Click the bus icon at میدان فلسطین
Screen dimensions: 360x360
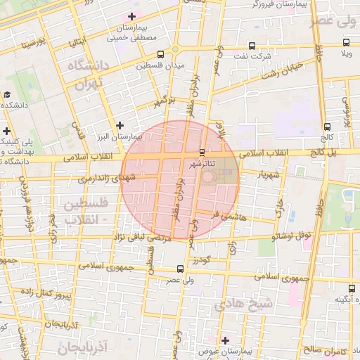pos(161,54)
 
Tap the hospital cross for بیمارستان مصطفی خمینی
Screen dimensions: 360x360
pos(131,15)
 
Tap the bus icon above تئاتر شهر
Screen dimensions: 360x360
pos(202,152)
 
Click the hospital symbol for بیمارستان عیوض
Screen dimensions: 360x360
pos(225,340)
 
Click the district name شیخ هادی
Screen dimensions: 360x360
pos(243,304)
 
